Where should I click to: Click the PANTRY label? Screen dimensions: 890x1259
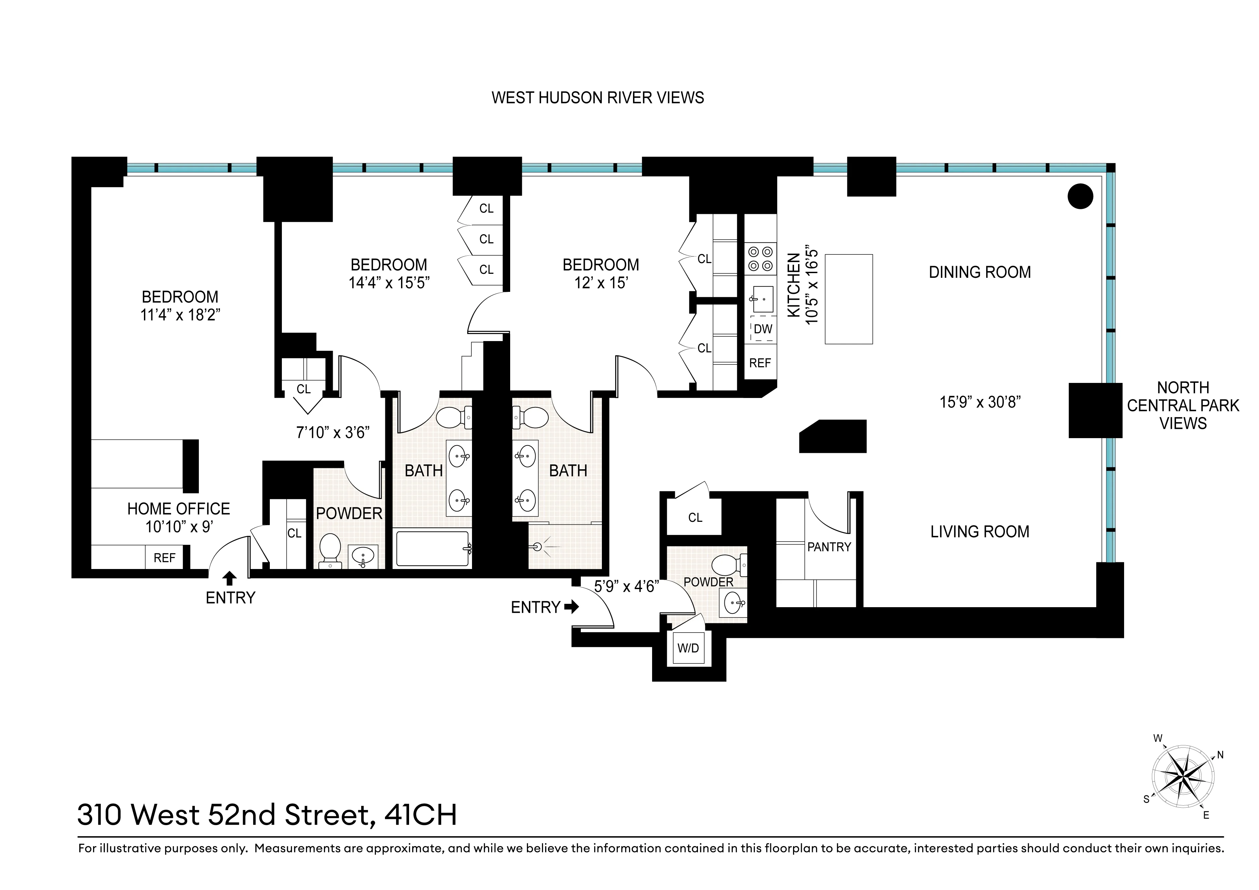(829, 547)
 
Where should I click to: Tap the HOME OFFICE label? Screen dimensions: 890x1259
(179, 509)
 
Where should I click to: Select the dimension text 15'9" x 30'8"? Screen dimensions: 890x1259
(980, 402)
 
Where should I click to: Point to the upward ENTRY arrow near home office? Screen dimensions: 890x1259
(230, 578)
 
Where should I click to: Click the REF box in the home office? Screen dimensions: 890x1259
(164, 558)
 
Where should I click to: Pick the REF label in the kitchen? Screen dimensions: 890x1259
(760, 363)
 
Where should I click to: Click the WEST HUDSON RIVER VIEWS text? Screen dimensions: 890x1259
(598, 98)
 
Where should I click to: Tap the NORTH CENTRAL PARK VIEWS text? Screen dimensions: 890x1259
(1183, 405)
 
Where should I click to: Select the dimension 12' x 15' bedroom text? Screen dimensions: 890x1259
(601, 283)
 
